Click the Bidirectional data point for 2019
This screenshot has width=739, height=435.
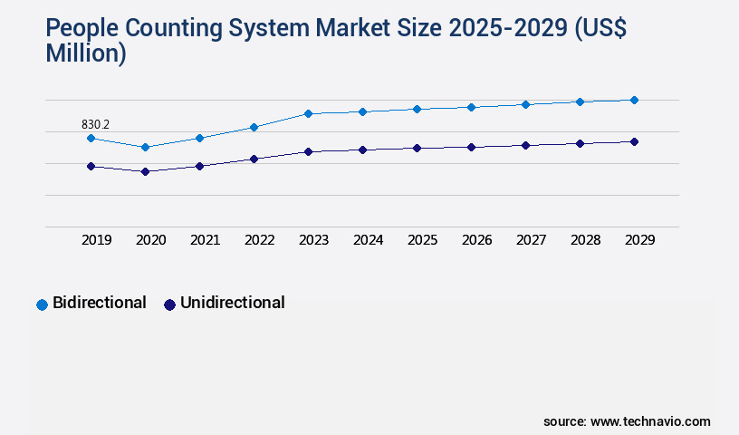91,138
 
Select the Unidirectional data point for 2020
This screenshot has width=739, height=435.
145,171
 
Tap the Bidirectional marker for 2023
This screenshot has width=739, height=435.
308,113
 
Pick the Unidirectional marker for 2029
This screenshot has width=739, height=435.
634,141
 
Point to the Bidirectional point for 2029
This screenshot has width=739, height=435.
634,100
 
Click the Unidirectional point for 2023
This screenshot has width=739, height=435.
308,151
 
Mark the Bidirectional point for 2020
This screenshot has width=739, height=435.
145,147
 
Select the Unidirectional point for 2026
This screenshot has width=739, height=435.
471,147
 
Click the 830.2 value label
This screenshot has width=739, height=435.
95,124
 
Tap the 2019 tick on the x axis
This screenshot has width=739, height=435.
96,240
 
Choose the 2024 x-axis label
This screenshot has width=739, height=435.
368,240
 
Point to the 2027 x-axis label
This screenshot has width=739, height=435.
531,240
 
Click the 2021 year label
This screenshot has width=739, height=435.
205,240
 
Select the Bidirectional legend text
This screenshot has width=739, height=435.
100,303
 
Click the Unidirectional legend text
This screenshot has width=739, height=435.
233,303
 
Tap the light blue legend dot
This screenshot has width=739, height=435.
42,304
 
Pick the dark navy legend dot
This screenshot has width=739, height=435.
169,304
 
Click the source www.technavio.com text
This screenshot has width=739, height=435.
627,421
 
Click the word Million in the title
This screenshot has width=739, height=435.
85,53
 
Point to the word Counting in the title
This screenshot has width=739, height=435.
173,29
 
